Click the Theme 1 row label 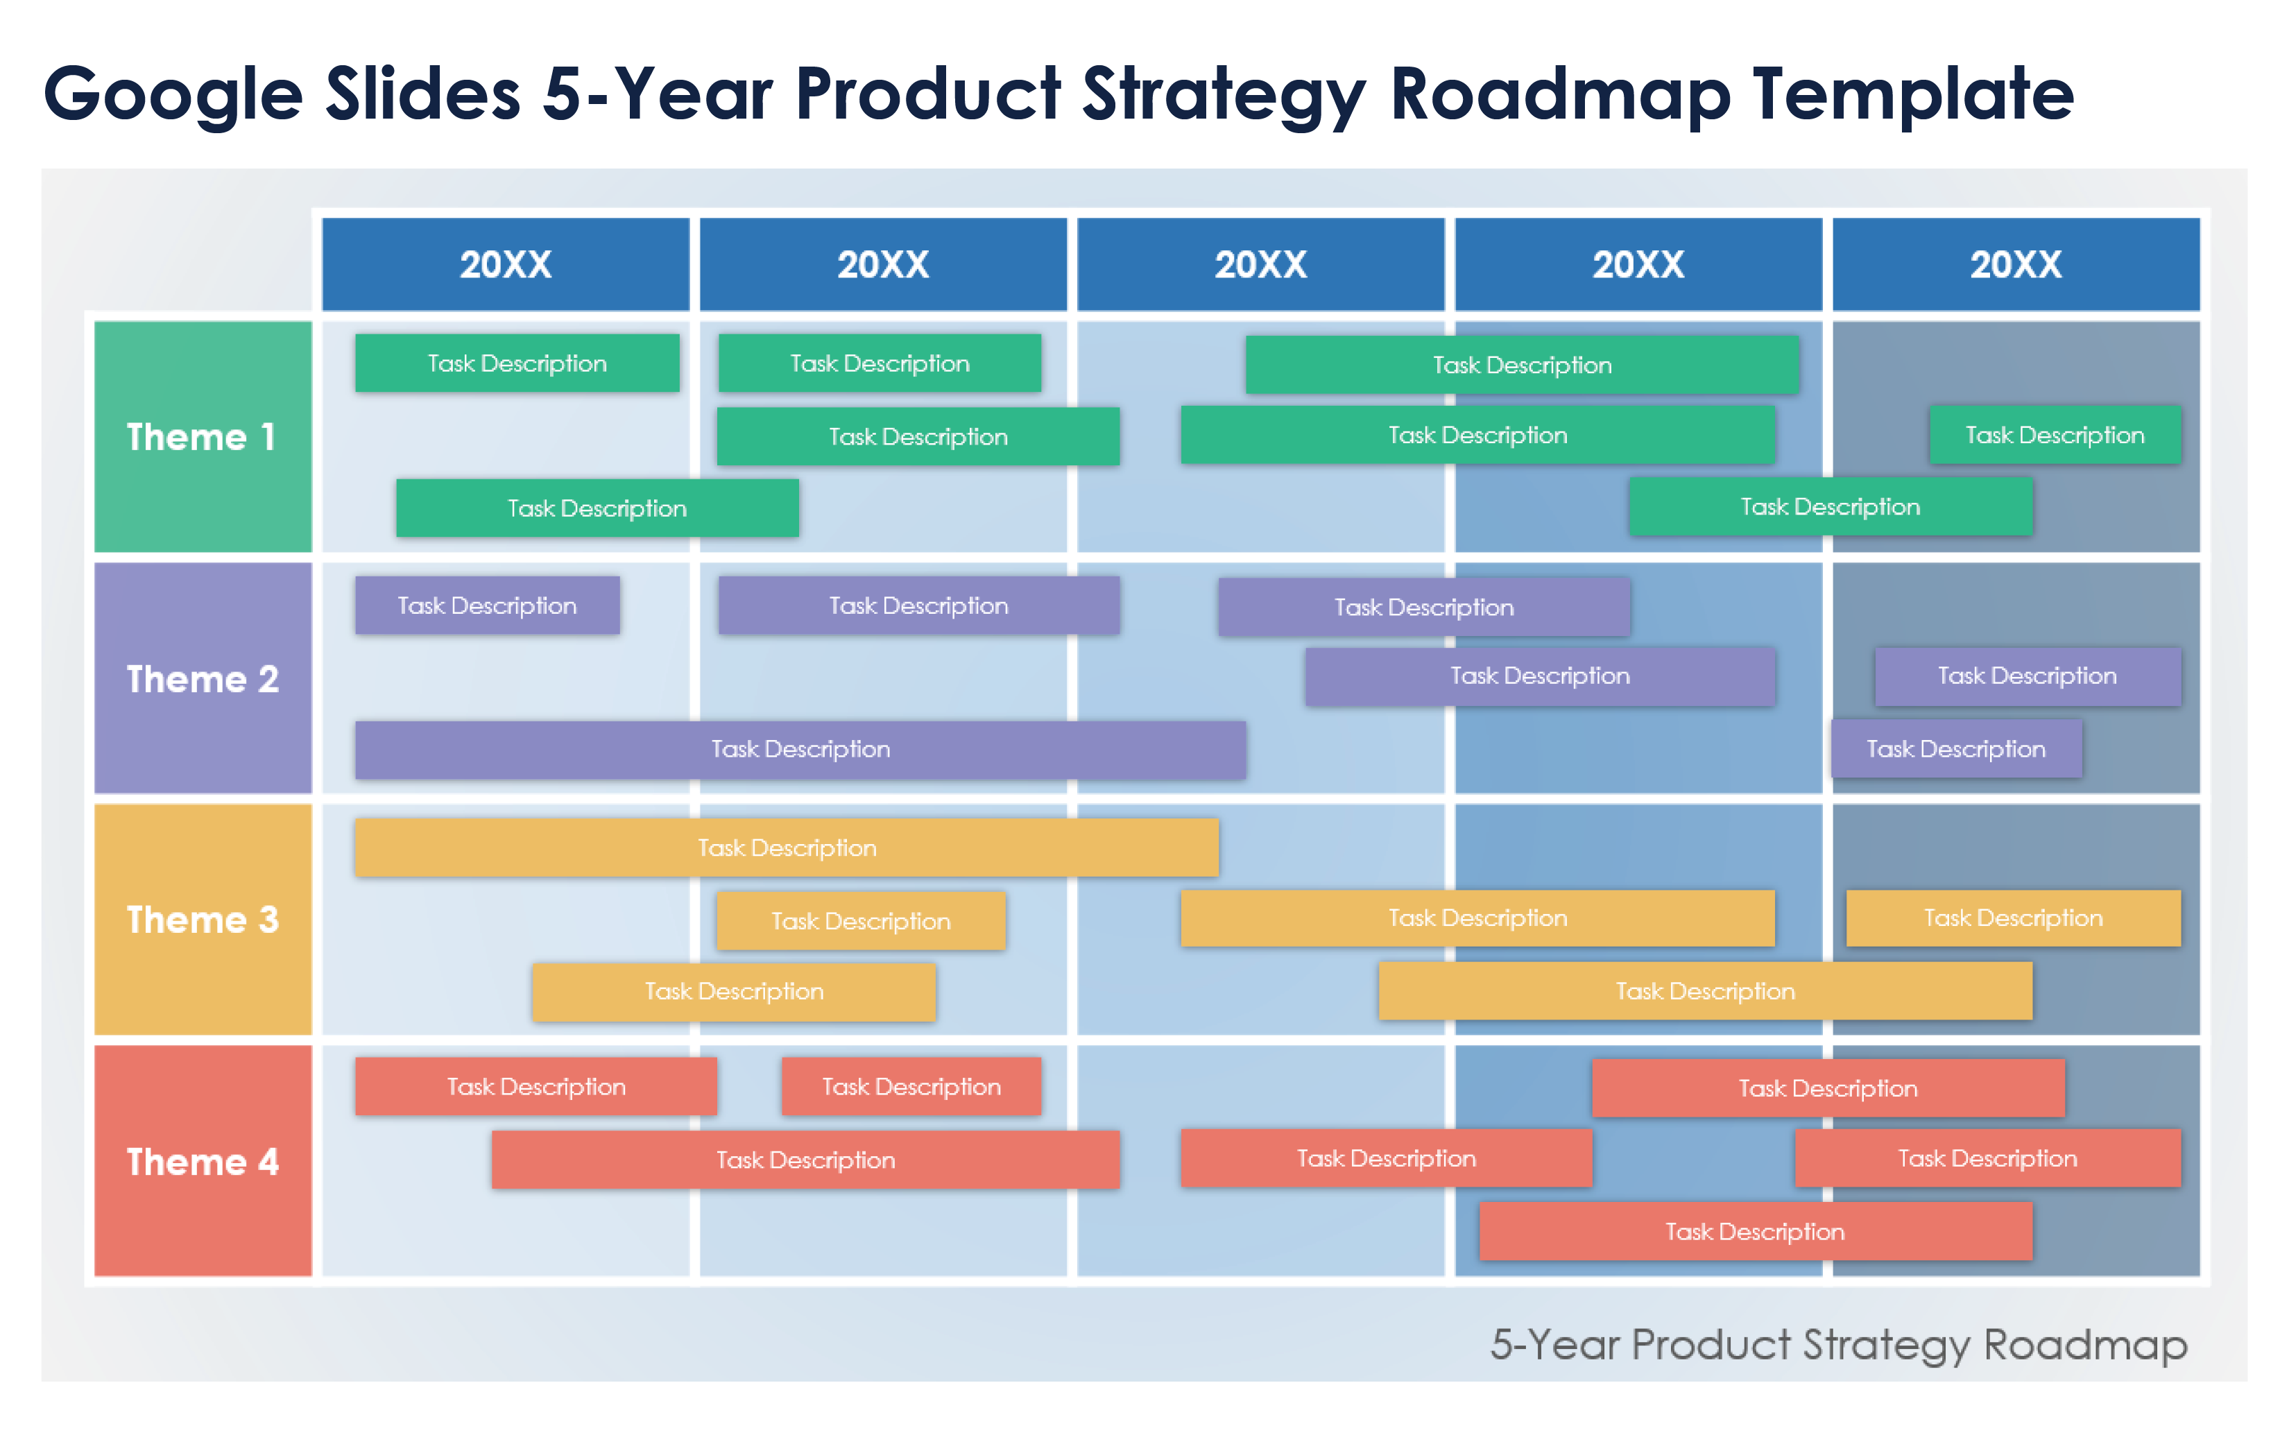(202, 436)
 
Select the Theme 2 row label (202, 678)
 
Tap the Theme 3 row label (202, 920)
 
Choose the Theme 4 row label (202, 1161)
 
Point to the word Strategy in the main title (1224, 95)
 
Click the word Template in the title (1912, 95)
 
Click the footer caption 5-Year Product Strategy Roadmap (1838, 1344)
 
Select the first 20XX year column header (505, 264)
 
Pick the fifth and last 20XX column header (2015, 264)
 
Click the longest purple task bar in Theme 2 (800, 750)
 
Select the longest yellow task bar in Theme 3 (786, 848)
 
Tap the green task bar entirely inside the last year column (2054, 435)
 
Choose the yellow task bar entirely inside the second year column (860, 920)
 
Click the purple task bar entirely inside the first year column (487, 605)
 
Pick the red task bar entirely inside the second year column (910, 1087)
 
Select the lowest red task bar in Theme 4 (1755, 1231)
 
